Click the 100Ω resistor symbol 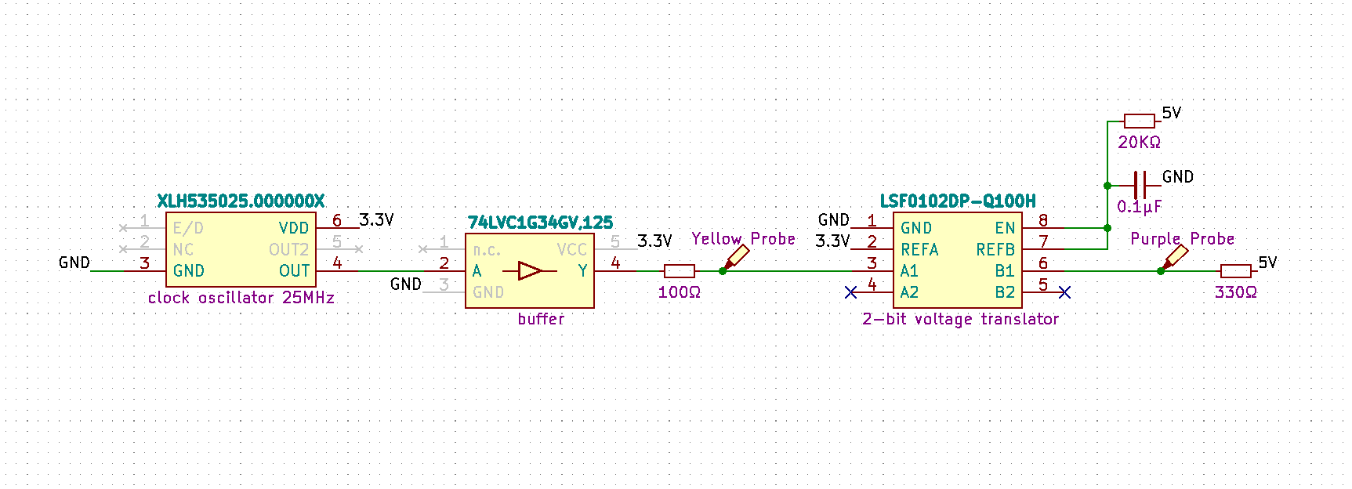(679, 271)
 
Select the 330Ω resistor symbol (1235, 271)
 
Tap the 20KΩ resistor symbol (1139, 121)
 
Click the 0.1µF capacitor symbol (1140, 186)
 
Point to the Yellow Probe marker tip (723, 270)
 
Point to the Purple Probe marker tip (1162, 270)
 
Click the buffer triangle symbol (530, 271)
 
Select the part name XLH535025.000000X (241, 201)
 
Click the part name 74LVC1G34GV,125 (540, 223)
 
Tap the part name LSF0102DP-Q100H (958, 201)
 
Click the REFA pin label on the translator (919, 250)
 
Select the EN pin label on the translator (1005, 228)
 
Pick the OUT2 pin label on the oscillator (288, 250)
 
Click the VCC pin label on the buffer (571, 250)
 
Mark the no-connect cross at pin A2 (851, 292)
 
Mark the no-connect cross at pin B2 (1064, 292)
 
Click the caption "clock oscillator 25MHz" (241, 298)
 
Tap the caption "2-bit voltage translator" (960, 319)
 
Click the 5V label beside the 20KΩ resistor (1171, 113)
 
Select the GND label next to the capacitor (1177, 177)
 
